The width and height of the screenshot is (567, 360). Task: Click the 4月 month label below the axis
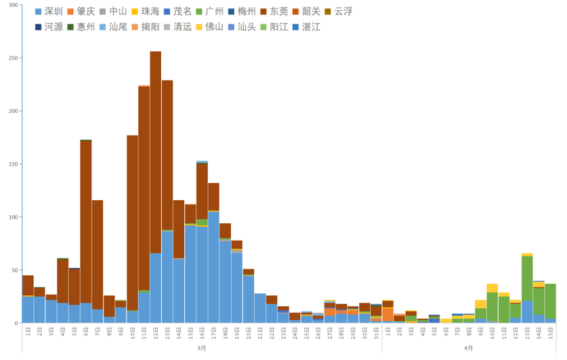[x=469, y=348]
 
